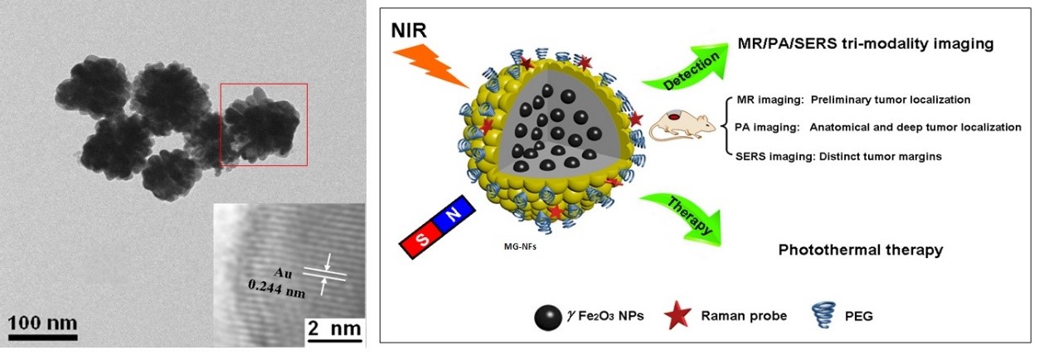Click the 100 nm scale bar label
(42, 323)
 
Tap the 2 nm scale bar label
(334, 328)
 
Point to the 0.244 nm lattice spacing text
(276, 289)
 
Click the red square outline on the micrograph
(264, 124)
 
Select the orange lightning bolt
(430, 66)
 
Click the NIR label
(409, 31)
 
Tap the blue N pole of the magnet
(454, 214)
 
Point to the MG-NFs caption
(520, 247)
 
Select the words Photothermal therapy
(861, 250)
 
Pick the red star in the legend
(677, 315)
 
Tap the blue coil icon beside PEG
(823, 315)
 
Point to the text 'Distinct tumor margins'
(881, 157)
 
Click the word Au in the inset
(284, 273)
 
